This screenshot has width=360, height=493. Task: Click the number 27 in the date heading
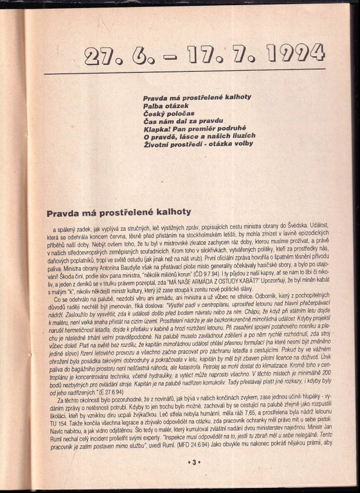click(x=101, y=56)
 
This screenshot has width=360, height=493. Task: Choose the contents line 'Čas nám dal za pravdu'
click(x=183, y=121)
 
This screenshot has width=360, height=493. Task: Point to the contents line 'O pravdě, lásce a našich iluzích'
click(x=199, y=136)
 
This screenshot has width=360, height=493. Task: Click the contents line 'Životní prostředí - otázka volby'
click(x=199, y=143)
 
